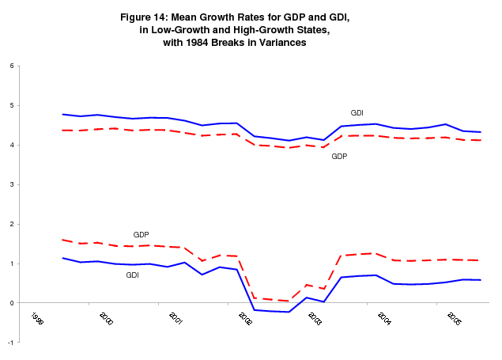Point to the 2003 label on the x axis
pos(315,319)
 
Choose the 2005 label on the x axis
pos(454,319)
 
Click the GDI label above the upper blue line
pos(357,112)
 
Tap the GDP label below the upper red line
pos(339,157)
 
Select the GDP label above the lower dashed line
pos(142,235)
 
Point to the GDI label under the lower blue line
pos(133,275)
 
